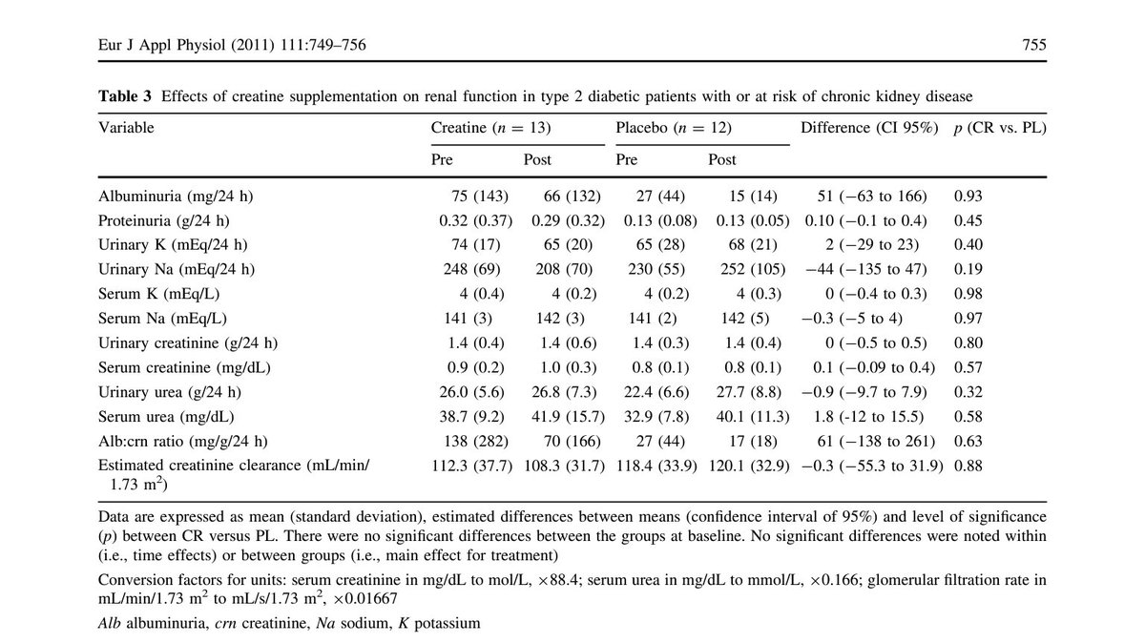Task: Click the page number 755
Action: tap(1033, 45)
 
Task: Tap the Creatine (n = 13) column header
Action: tap(491, 127)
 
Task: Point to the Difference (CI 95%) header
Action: tap(870, 127)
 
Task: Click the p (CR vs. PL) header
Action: tap(1000, 127)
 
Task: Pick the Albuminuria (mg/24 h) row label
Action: tap(176, 197)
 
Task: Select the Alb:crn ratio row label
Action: tap(180, 441)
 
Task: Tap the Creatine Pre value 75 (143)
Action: tap(481, 197)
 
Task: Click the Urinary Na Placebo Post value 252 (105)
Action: tap(748, 270)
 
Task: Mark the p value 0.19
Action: tap(968, 270)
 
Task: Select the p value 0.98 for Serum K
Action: tap(968, 294)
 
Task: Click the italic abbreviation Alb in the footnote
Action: tap(110, 623)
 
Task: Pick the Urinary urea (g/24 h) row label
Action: tap(170, 392)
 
